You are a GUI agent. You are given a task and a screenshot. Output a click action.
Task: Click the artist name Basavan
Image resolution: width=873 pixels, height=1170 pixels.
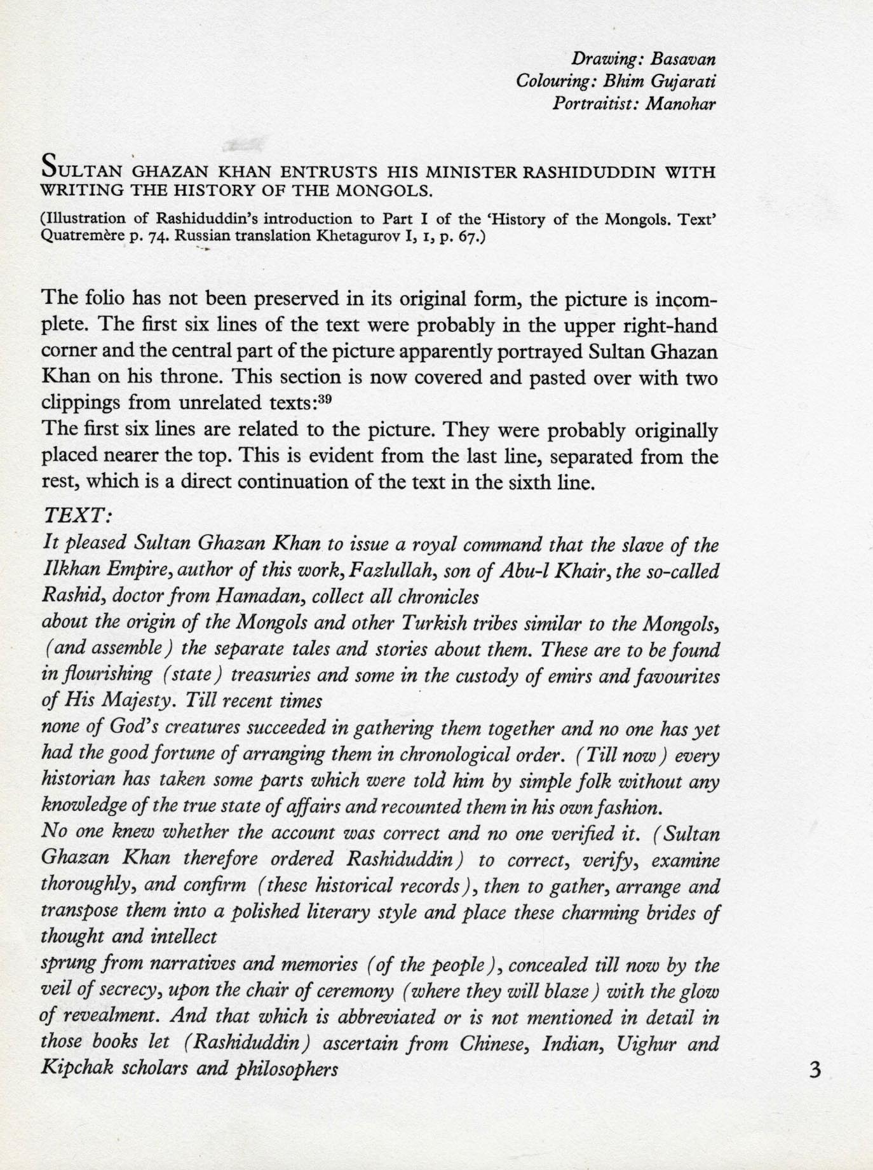(x=684, y=60)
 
